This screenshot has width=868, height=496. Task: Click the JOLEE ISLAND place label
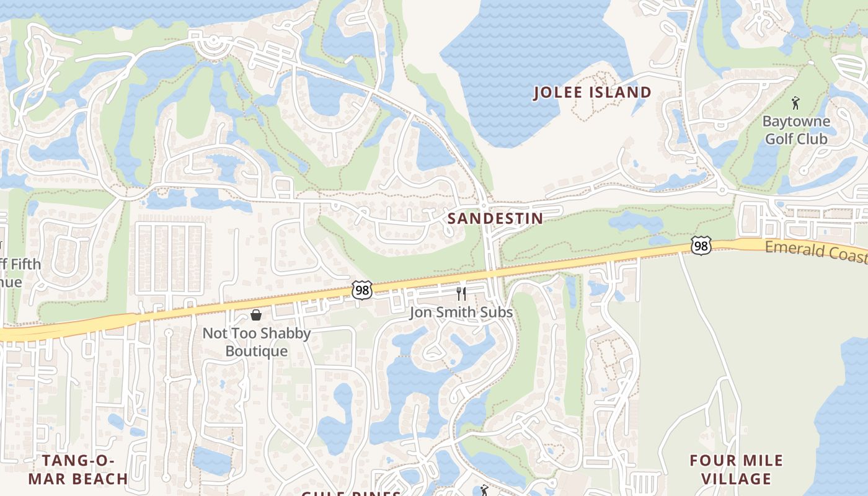(593, 92)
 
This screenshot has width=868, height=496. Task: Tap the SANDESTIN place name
(495, 218)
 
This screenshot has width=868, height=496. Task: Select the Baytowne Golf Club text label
(796, 130)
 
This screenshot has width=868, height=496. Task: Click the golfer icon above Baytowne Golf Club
(795, 103)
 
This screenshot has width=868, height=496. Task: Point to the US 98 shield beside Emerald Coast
(701, 246)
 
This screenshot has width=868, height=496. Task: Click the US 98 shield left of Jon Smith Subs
(362, 290)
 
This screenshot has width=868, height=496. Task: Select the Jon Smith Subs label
(461, 312)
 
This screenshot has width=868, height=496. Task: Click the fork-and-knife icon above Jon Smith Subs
(461, 293)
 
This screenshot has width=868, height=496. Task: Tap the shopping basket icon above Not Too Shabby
(255, 315)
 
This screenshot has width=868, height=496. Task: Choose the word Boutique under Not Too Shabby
(256, 351)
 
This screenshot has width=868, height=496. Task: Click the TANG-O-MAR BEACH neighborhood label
(78, 469)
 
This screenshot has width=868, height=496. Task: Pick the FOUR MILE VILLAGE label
(737, 469)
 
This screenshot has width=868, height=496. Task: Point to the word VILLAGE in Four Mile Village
(737, 479)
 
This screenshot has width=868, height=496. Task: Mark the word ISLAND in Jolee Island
(621, 92)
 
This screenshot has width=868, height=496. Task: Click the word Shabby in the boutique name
(285, 334)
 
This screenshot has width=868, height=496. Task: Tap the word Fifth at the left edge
(21, 264)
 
